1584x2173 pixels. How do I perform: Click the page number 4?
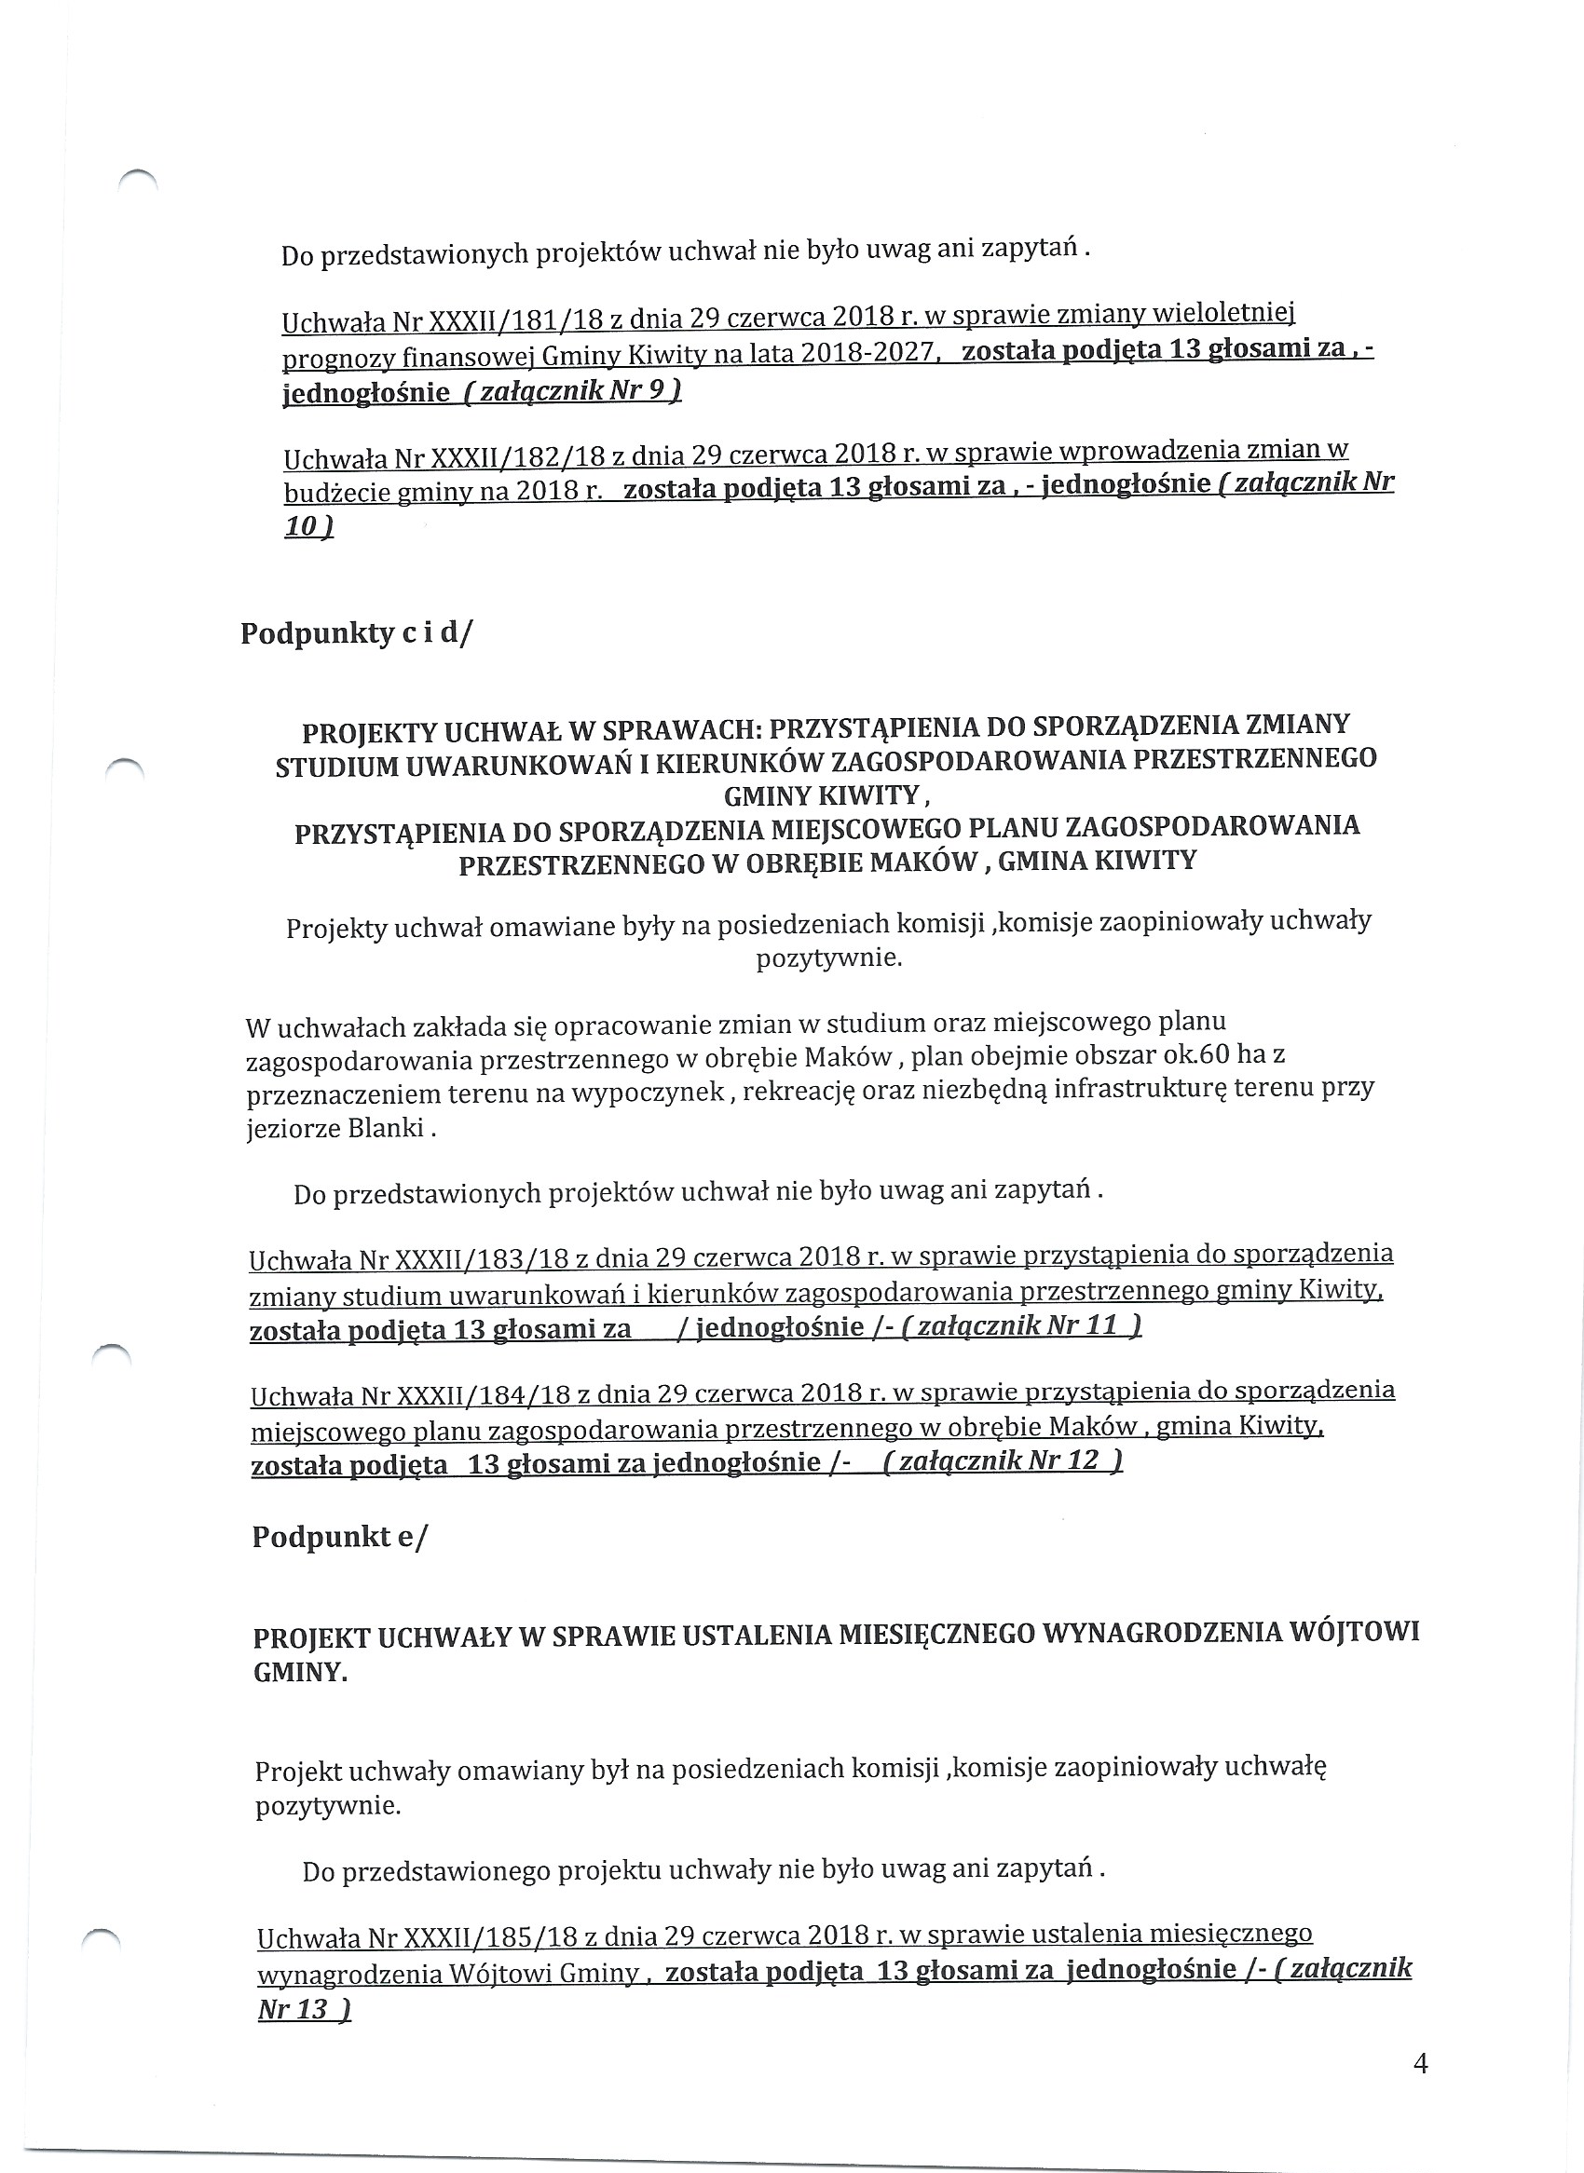click(1421, 2064)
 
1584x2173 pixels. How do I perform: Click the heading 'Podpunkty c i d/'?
click(357, 633)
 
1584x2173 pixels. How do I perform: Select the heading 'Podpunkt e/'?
click(339, 1536)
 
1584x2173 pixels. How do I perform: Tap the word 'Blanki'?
click(386, 1127)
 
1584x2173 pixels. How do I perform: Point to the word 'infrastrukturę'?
click(1135, 1090)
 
